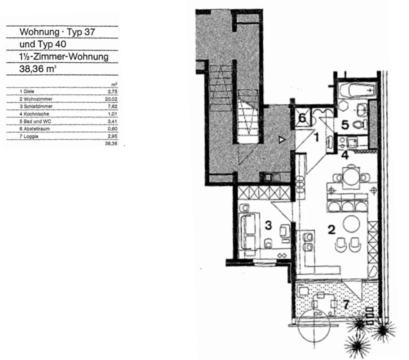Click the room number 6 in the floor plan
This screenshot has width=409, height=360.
[x=302, y=118]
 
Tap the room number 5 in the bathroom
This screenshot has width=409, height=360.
[x=345, y=125]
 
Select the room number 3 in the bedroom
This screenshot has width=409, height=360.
[x=268, y=225]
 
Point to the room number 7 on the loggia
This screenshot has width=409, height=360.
[x=346, y=304]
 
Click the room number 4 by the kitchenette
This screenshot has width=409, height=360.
[x=345, y=156]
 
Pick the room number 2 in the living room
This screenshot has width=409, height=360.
[x=332, y=230]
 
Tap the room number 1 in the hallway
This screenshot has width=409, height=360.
[x=317, y=137]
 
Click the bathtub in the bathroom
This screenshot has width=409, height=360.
[x=358, y=90]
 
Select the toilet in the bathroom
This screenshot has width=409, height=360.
[x=360, y=125]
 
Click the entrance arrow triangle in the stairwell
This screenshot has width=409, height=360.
[x=282, y=140]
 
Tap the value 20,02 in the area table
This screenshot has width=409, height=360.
[x=111, y=99]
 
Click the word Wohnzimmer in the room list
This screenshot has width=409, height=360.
[x=38, y=99]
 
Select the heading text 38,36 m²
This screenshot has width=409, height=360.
[x=38, y=69]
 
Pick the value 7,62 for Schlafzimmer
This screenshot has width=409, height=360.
[x=112, y=106]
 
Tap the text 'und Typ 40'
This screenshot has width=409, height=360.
[x=43, y=44]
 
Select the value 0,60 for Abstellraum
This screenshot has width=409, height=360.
[x=112, y=129]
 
